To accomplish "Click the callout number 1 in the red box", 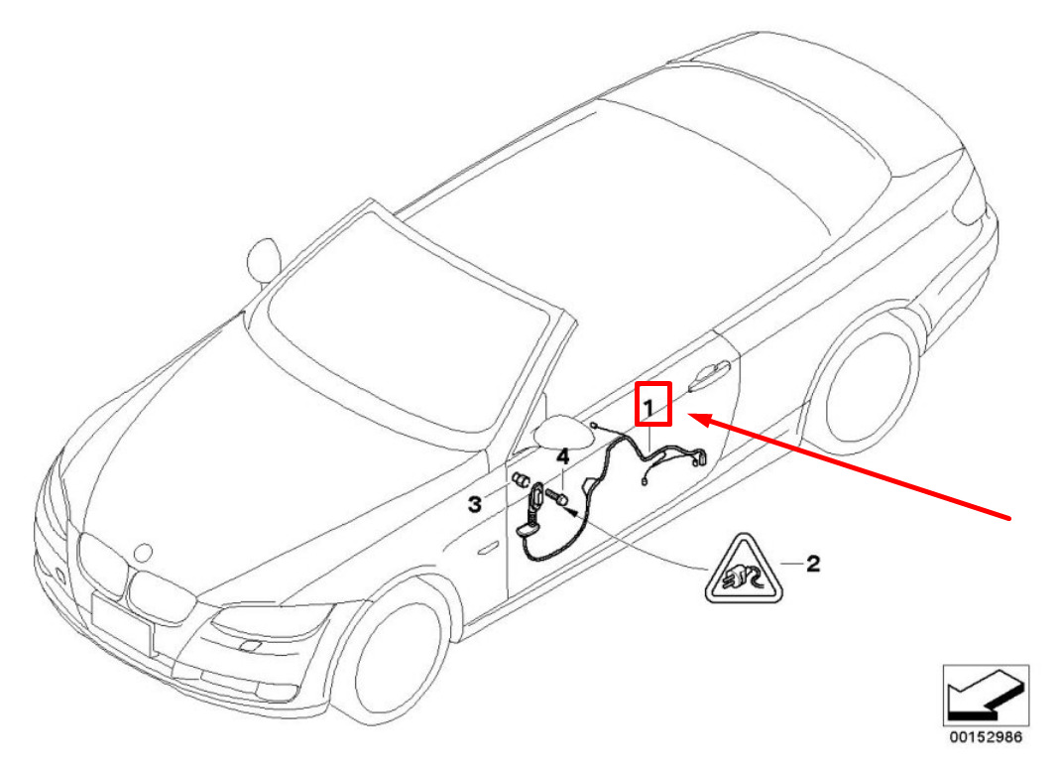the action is coord(648,409).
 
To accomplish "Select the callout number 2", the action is coord(813,564).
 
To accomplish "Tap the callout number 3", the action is coord(475,504).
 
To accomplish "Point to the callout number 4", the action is coord(562,457).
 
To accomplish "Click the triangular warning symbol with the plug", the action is coord(744,570).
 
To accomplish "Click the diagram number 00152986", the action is coord(986,736).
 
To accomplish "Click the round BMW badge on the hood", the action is coord(144,553).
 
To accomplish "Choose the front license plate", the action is coord(122,623).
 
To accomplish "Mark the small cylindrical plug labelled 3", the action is coord(520,481).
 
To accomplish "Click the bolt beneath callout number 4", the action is coord(557,498).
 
